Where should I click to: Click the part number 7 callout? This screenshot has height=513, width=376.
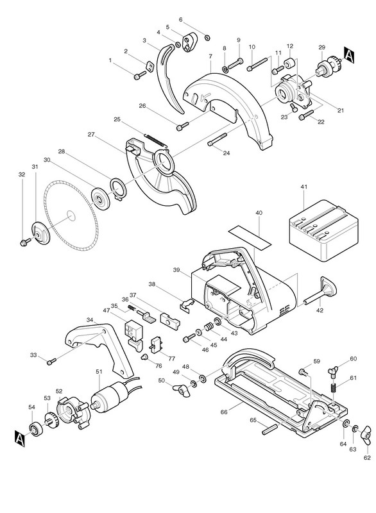[x=210, y=56]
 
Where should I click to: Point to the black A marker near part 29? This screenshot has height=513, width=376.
[x=349, y=55]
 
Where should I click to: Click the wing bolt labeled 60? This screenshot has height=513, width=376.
[x=333, y=373]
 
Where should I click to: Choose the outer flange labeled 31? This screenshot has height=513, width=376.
[x=41, y=233]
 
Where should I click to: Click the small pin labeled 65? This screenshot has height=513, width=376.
[x=269, y=429]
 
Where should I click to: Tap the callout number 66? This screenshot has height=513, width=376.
[x=224, y=412]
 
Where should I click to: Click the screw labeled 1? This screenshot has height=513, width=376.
[x=140, y=75]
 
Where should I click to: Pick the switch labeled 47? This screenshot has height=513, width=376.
[x=134, y=335]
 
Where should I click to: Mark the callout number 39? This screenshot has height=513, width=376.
[x=177, y=270]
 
